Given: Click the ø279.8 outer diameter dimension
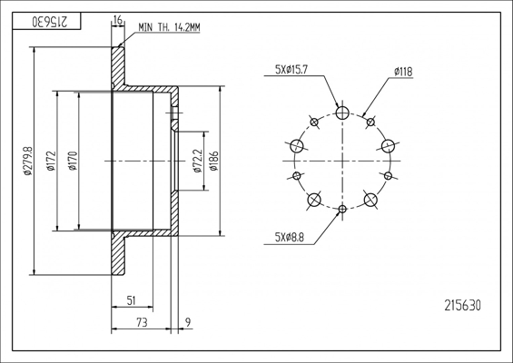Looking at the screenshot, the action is coord(28,161).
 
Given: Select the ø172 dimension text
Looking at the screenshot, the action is coord(51,161).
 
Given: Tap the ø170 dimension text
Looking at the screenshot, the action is coord(73,161).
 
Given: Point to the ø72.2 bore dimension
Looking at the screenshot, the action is coord(198,161).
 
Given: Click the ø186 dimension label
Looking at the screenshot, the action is coord(213,161).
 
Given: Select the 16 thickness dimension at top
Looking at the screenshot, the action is coord(118,20).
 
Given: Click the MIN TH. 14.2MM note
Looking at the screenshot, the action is coord(169,27).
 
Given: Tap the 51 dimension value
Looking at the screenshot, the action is coord(131,300).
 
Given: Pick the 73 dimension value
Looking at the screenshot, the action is coord(142,323).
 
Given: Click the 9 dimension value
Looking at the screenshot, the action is coord(188,323).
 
